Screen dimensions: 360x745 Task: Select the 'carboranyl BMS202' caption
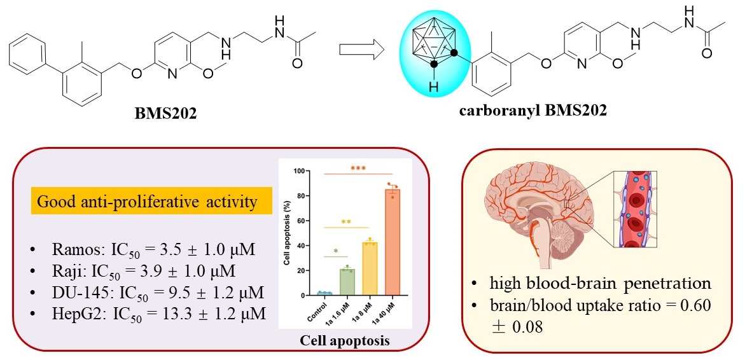coord(533,110)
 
